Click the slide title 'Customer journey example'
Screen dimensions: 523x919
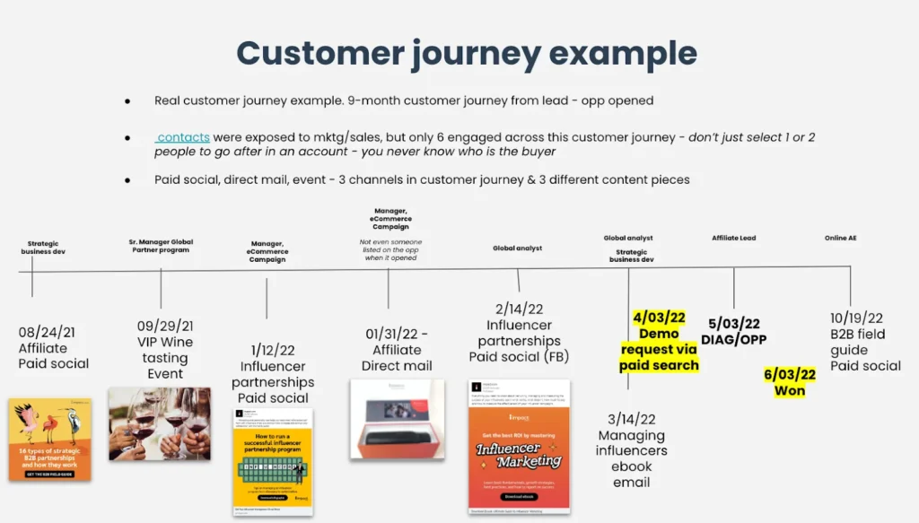click(466, 53)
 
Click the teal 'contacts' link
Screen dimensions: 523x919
click(183, 137)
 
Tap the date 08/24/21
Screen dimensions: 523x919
click(47, 332)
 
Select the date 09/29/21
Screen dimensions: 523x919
click(165, 326)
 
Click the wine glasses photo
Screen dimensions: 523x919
click(160, 423)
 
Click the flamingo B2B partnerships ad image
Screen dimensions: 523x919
click(50, 440)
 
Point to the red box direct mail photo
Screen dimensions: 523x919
click(397, 419)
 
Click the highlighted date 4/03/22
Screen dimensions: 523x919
click(659, 318)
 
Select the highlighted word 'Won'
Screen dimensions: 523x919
click(790, 390)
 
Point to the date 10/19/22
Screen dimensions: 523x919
click(856, 318)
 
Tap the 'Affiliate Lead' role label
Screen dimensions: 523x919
click(733, 238)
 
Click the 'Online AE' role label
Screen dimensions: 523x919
click(842, 238)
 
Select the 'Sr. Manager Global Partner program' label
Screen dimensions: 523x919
click(161, 246)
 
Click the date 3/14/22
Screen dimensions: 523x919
click(632, 418)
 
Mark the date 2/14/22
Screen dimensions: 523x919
click(519, 309)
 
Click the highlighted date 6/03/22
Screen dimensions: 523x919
click(790, 374)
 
